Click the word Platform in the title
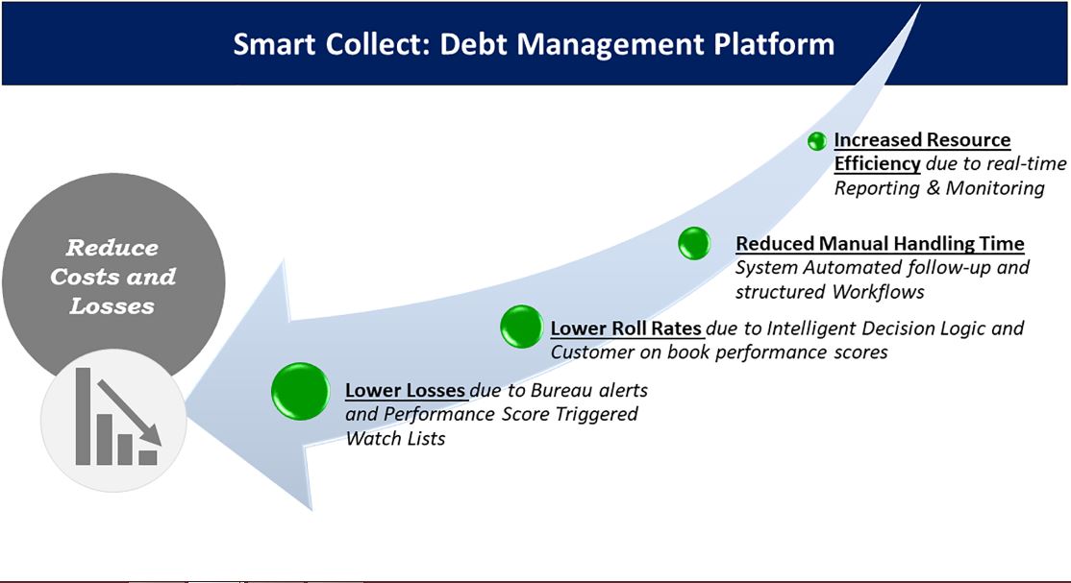[773, 44]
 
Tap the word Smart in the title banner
[274, 44]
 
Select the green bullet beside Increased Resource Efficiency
[817, 140]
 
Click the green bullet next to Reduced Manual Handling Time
[694, 243]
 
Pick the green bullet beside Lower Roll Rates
[521, 327]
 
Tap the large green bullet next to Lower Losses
[301, 391]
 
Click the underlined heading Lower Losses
[405, 390]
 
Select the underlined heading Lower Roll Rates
[626, 328]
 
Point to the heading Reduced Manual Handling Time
[880, 244]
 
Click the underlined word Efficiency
[877, 164]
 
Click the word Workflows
[878, 292]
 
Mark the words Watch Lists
[395, 438]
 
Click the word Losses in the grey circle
[112, 305]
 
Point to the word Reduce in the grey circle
[112, 247]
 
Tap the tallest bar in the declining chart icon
[83, 417]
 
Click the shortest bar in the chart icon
[148, 457]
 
